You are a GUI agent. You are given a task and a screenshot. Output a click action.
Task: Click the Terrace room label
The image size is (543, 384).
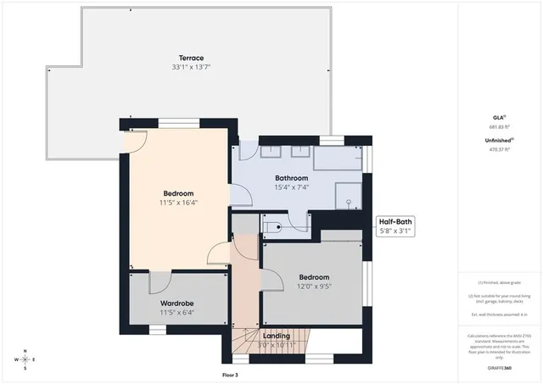point(179,58)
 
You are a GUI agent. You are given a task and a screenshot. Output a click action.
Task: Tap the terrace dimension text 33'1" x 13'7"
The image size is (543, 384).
point(179,67)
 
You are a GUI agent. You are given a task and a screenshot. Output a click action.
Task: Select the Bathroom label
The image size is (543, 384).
point(289,178)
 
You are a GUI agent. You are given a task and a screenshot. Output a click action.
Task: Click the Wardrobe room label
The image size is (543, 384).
point(178,303)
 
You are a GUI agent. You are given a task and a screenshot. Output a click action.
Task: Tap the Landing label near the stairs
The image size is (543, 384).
point(277,336)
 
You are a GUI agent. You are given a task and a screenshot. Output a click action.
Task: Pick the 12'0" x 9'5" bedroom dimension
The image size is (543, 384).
point(313,287)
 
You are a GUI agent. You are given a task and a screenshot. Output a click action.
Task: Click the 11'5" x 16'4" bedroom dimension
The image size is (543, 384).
point(178,203)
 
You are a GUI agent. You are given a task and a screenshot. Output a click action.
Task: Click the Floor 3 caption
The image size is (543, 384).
point(230,374)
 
